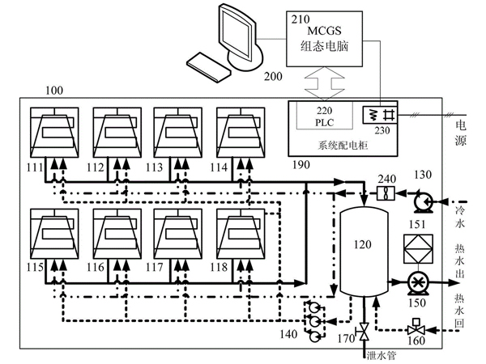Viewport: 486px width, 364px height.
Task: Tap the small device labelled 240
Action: [384, 193]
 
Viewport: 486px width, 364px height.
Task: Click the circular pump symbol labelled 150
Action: [419, 283]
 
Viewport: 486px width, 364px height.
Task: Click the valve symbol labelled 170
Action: [363, 331]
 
